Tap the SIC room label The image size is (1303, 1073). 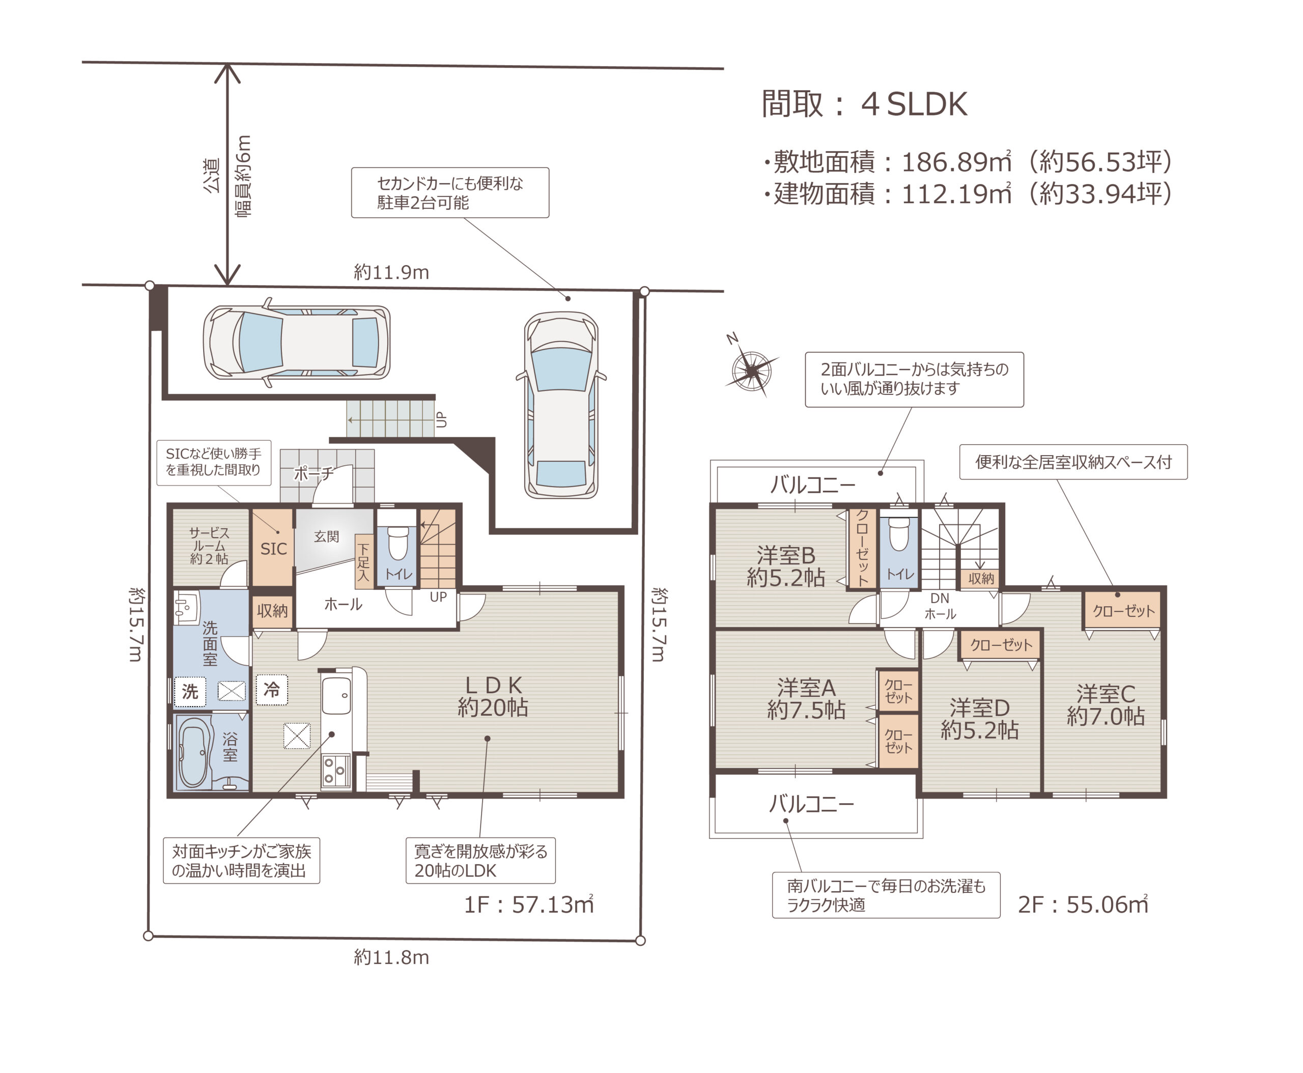(273, 549)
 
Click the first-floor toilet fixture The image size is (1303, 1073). (398, 542)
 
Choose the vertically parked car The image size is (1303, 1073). (560, 405)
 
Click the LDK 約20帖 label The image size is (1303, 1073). (493, 696)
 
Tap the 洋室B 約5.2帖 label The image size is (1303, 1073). (786, 566)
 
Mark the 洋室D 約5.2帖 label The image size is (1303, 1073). (979, 719)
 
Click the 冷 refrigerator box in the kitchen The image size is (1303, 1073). (272, 689)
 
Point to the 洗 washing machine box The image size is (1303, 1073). (190, 691)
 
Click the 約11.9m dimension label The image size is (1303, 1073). (391, 272)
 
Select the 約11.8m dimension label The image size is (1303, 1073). (391, 957)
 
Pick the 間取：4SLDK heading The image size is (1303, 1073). (864, 104)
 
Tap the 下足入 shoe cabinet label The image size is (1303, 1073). (363, 562)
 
